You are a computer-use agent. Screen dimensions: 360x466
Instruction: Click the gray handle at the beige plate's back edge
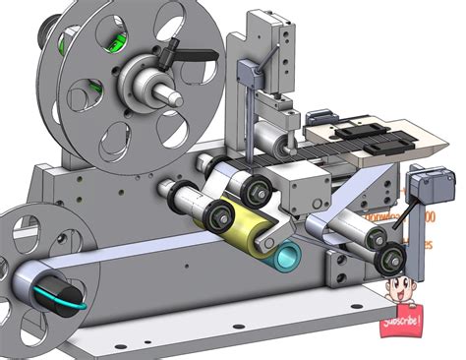click(x=320, y=115)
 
